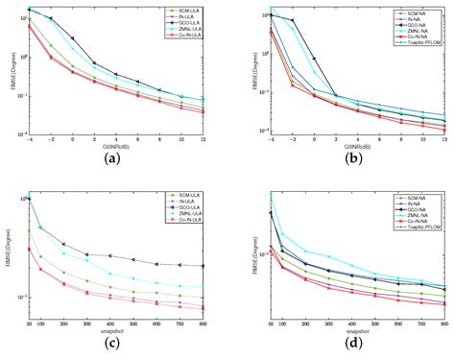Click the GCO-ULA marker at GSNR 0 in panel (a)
tap(73, 38)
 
